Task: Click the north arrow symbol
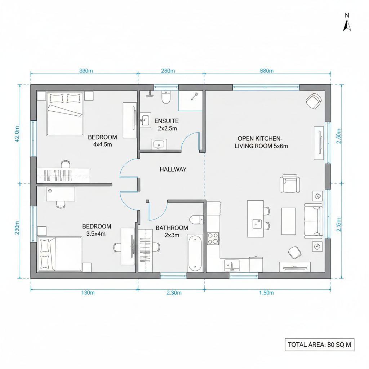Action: click(347, 25)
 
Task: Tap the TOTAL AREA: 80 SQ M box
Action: click(319, 344)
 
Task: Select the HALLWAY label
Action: click(173, 169)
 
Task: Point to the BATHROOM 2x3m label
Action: click(172, 231)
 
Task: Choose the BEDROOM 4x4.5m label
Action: click(102, 141)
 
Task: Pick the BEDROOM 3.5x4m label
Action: click(96, 230)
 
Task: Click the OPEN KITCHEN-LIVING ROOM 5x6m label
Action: click(261, 142)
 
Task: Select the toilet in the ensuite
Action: click(166, 97)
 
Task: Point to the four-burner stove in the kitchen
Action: click(213, 239)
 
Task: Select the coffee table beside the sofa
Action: click(288, 221)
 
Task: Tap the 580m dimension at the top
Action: click(267, 71)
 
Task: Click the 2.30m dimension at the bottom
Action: click(174, 293)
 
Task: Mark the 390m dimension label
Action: click(86, 71)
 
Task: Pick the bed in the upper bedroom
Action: click(65, 113)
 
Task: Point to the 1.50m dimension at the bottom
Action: click(267, 293)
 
